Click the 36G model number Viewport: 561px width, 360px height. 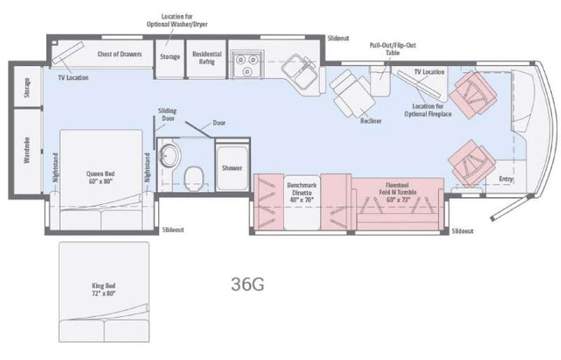pos(248,283)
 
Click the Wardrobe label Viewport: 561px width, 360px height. pos(26,150)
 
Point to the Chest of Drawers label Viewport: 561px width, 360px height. pos(120,54)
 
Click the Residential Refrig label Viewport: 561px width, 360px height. pos(207,58)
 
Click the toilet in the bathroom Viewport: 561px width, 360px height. pos(195,179)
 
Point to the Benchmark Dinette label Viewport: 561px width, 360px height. pos(302,191)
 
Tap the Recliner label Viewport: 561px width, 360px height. pos(371,121)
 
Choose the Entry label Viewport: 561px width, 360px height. pos(506,180)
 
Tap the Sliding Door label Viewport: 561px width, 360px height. pos(168,114)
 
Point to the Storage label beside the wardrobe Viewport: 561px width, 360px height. pos(26,88)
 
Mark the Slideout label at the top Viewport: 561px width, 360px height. pos(338,38)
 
